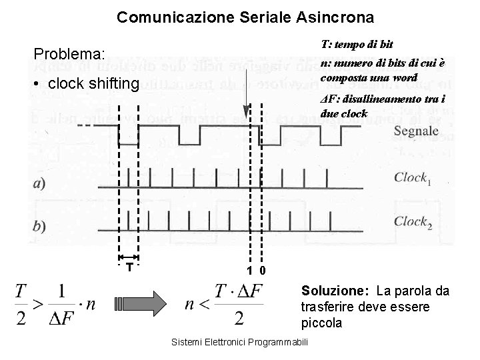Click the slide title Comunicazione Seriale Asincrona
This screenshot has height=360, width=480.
245,16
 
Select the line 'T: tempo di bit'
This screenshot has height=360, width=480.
357,44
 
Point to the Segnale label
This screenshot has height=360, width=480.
416,131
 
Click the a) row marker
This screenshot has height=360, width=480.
39,184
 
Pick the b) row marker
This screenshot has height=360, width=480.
39,226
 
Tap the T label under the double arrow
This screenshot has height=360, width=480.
128,267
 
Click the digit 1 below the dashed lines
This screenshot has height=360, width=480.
249,271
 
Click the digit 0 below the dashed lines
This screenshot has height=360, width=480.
263,271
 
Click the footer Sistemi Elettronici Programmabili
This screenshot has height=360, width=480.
239,342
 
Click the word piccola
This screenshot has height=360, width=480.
322,323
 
